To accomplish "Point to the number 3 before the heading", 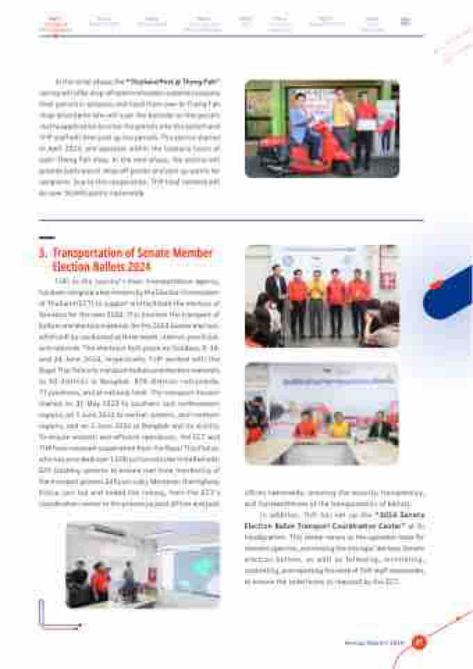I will (42, 253).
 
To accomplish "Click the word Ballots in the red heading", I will (125, 266).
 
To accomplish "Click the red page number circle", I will (419, 642).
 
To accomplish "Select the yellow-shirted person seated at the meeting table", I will (339, 426).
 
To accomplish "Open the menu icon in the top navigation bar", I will (406, 22).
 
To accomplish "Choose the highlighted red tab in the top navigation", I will (56, 24).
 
